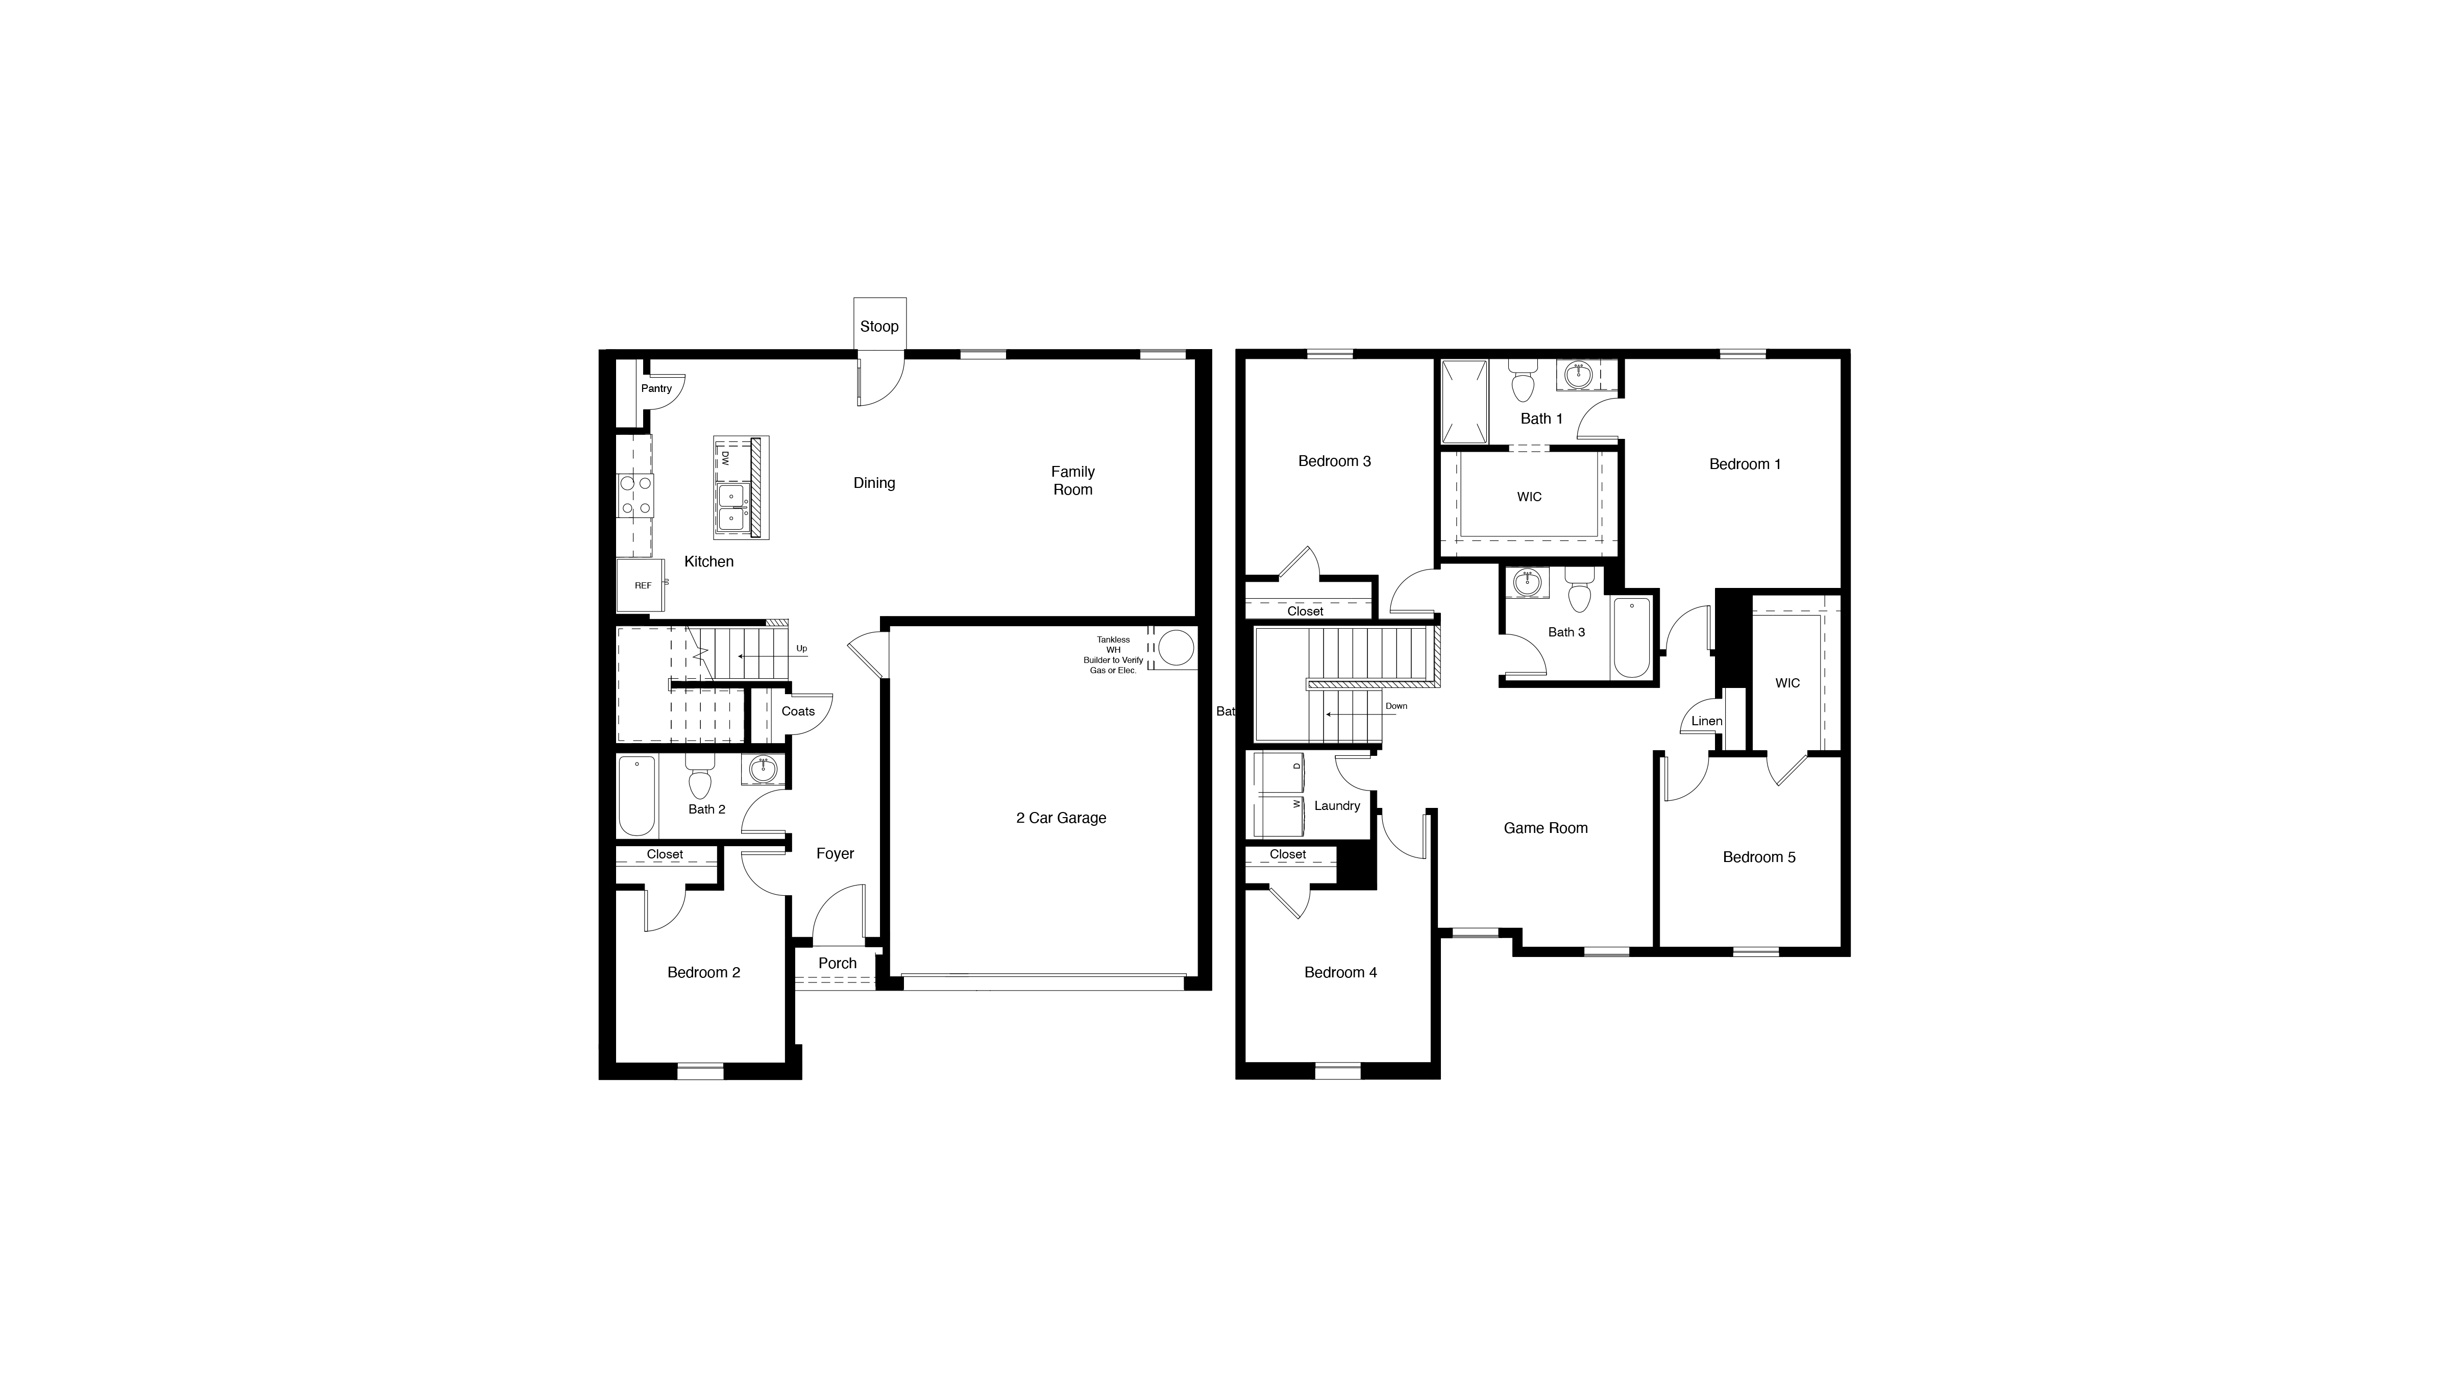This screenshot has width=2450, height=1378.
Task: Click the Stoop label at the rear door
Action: [879, 326]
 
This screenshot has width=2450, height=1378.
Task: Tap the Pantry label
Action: [656, 388]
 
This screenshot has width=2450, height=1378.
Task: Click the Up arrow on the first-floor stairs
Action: [761, 656]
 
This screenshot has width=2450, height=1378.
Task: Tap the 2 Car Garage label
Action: [1061, 818]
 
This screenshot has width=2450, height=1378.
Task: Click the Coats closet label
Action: [798, 711]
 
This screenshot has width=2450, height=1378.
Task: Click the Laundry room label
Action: [1336, 805]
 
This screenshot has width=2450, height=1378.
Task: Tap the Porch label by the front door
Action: [837, 964]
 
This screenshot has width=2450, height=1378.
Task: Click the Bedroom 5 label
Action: [1758, 857]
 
